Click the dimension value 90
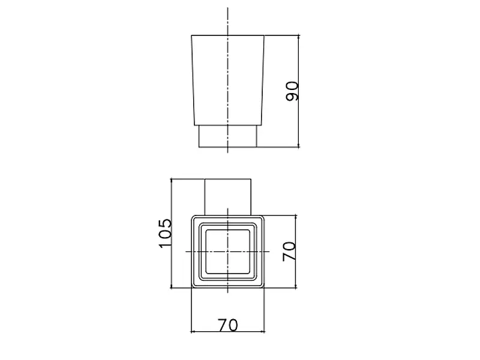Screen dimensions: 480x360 (x=292, y=91)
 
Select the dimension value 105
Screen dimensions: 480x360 (x=166, y=233)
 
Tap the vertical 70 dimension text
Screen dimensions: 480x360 (x=289, y=251)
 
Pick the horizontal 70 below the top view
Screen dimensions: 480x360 (x=228, y=325)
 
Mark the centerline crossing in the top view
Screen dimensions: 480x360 (x=228, y=251)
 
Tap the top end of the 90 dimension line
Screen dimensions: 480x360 (x=298, y=35)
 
